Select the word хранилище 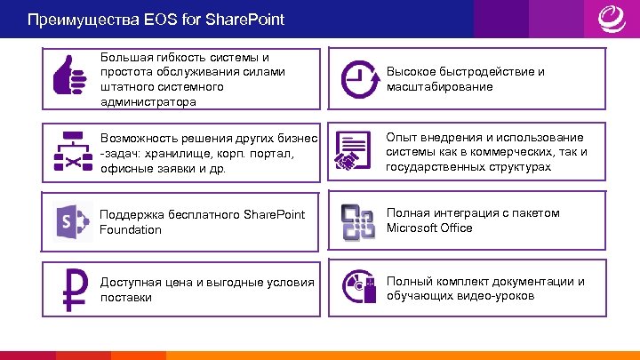pyautogui.click(x=178, y=152)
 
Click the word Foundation pyautogui.click(x=131, y=229)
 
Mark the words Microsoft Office pyautogui.click(x=429, y=228)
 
